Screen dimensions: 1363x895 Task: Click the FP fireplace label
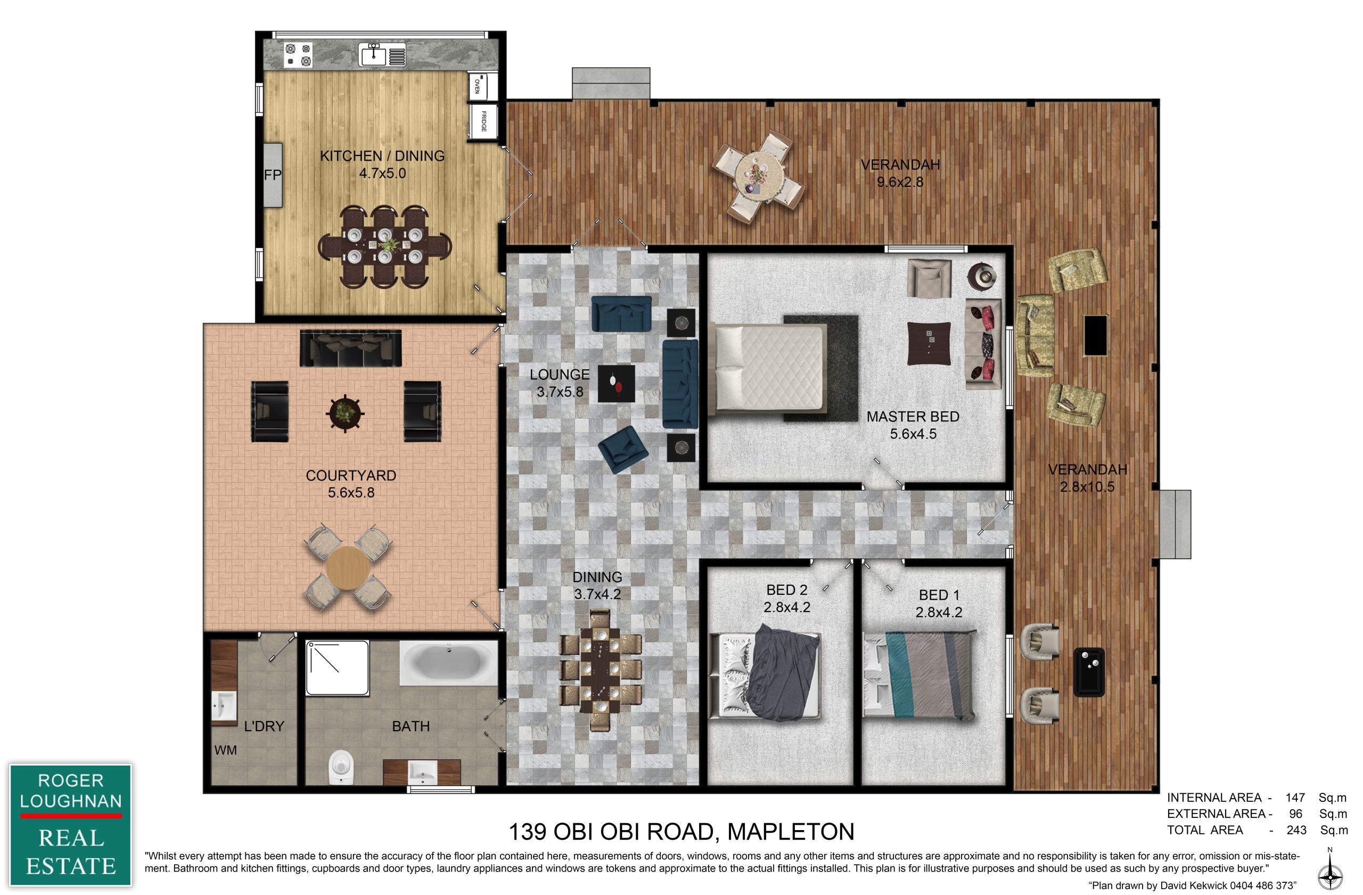coord(273,175)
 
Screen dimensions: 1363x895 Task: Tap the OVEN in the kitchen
coord(477,86)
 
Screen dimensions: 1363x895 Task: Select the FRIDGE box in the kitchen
coord(483,121)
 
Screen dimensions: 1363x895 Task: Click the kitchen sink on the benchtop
coord(373,54)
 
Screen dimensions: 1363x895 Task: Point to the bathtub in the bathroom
coord(448,662)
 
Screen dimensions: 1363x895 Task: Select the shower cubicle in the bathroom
coord(338,668)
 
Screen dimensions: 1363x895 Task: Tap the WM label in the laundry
coord(226,750)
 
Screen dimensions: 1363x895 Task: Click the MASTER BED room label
coord(913,417)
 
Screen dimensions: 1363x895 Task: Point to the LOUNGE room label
coord(560,375)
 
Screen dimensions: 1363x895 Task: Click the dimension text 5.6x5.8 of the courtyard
coord(351,492)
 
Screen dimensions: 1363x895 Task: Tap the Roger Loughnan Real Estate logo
coord(70,825)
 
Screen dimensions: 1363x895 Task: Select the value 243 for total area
coord(1296,830)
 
